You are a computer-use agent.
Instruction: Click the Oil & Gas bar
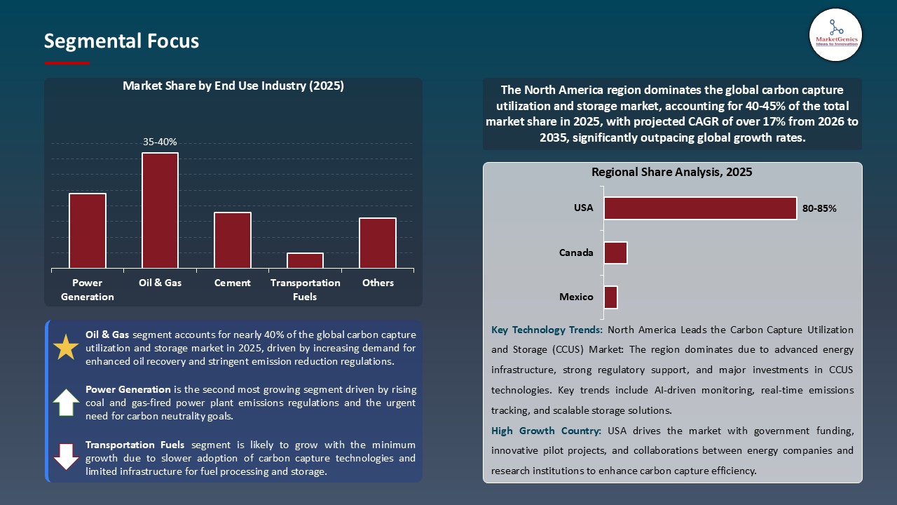pyautogui.click(x=160, y=210)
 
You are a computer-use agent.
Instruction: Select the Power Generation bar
pyautogui.click(x=88, y=231)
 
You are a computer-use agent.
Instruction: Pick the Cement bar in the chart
pyautogui.click(x=233, y=240)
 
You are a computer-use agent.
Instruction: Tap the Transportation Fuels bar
pyautogui.click(x=305, y=260)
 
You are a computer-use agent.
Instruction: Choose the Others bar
pyautogui.click(x=378, y=243)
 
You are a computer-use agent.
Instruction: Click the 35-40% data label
pyautogui.click(x=160, y=142)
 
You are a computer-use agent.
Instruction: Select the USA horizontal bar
pyautogui.click(x=700, y=208)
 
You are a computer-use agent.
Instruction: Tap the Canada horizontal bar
pyautogui.click(x=615, y=252)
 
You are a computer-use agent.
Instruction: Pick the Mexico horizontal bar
pyautogui.click(x=610, y=297)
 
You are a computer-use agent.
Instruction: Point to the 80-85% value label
pyautogui.click(x=820, y=208)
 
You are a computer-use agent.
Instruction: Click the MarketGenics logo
pyautogui.click(x=835, y=34)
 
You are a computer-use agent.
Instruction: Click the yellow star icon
pyautogui.click(x=67, y=348)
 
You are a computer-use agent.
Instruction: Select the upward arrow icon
pyautogui.click(x=67, y=403)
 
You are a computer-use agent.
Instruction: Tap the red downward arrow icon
pyautogui.click(x=67, y=457)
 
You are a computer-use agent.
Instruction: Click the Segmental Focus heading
pyautogui.click(x=121, y=41)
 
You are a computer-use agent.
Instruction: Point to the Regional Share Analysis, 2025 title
pyautogui.click(x=671, y=172)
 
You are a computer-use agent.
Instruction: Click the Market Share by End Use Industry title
pyautogui.click(x=233, y=86)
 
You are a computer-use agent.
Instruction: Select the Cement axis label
pyautogui.click(x=233, y=283)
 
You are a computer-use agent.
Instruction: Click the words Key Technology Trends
pyautogui.click(x=547, y=330)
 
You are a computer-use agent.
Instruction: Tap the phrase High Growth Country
pyautogui.click(x=547, y=431)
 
